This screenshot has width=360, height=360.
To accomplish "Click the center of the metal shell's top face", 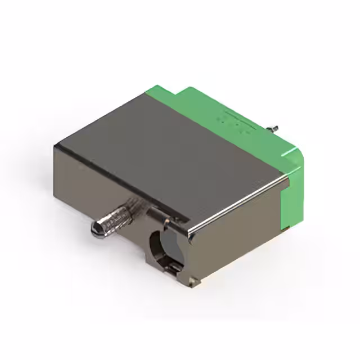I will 169,146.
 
